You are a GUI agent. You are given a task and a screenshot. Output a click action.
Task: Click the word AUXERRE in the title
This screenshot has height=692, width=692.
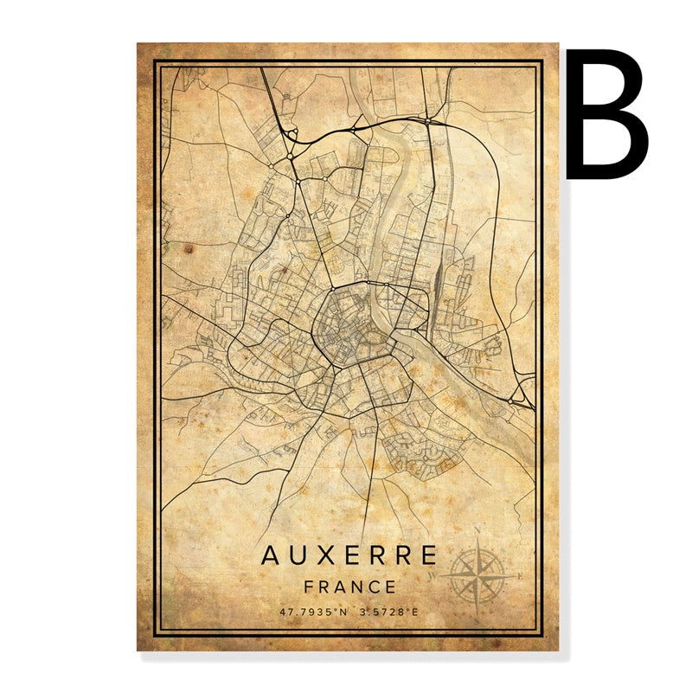tap(349, 554)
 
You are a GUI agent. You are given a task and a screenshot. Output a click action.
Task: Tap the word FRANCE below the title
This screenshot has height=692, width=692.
tap(349, 586)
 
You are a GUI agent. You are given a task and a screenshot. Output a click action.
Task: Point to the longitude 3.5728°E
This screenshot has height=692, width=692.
tap(389, 612)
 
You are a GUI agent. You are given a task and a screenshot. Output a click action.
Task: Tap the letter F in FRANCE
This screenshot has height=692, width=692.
tap(309, 586)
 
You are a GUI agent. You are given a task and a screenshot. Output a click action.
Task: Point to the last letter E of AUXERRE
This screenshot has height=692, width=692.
tap(429, 554)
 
